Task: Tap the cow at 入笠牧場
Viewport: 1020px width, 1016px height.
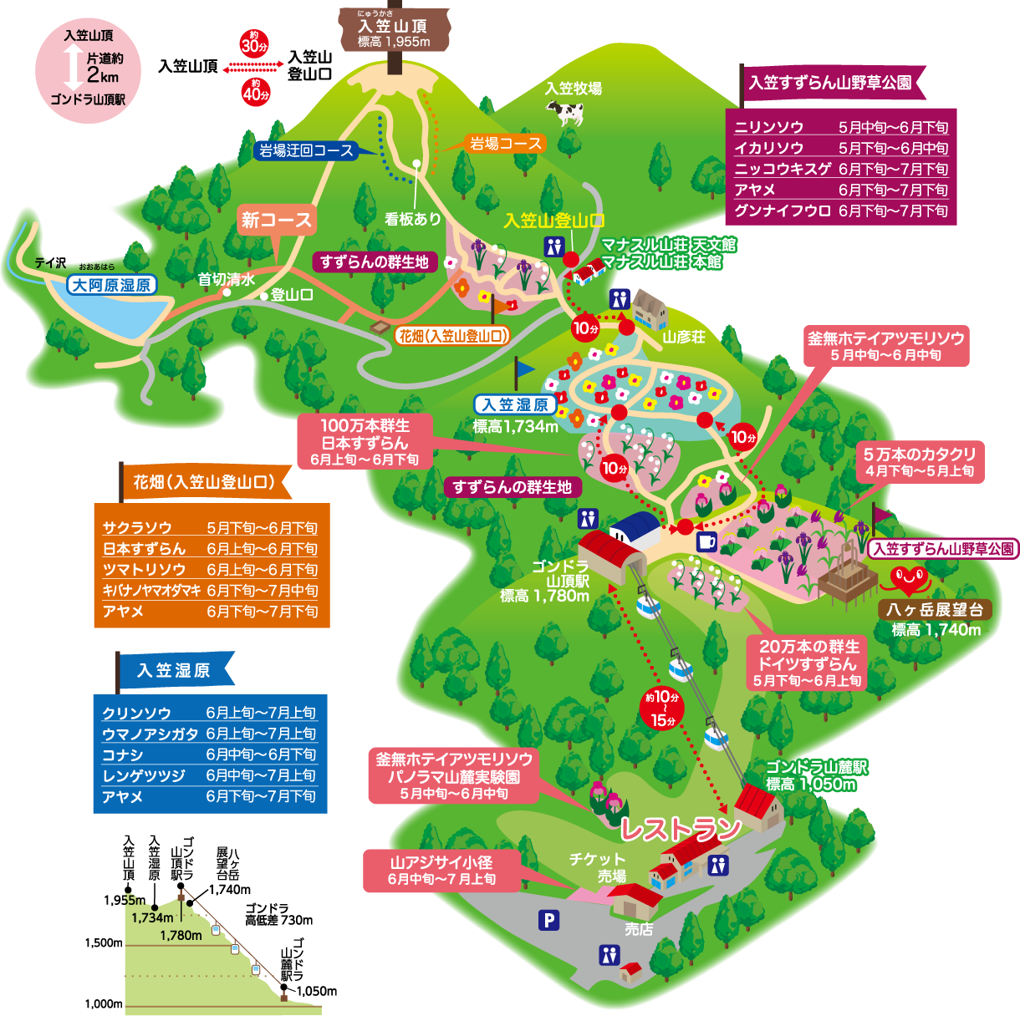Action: pos(566,112)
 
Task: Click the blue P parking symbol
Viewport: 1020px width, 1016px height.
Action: pos(548,920)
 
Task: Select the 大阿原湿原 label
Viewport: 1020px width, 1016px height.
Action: pos(111,285)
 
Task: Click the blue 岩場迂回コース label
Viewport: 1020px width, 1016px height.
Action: pos(306,150)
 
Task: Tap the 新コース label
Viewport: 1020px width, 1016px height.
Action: pos(277,220)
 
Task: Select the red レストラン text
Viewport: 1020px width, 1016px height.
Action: pos(680,828)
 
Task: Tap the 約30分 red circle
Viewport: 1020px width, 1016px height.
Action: pos(254,43)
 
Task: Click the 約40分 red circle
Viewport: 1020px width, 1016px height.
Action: pos(256,91)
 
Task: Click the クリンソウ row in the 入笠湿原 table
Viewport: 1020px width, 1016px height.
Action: pos(209,713)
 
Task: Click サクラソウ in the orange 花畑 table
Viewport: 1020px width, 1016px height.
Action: pos(210,528)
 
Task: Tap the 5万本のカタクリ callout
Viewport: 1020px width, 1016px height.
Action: pos(920,462)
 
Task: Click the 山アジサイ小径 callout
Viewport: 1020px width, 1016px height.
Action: pos(441,870)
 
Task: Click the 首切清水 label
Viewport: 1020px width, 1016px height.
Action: pos(226,280)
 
